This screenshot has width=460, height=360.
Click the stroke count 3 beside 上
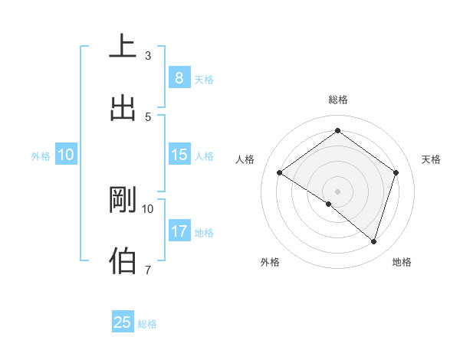click(148, 55)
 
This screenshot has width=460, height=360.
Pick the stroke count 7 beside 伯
click(148, 270)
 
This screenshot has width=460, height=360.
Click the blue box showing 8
click(179, 78)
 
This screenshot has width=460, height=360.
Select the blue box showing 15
click(179, 155)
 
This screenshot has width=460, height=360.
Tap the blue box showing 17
click(179, 231)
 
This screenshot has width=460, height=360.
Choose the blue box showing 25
click(123, 322)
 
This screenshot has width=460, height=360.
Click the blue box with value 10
click(66, 155)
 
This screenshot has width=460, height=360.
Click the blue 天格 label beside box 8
click(204, 80)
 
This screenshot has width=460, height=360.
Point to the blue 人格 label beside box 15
click(204, 156)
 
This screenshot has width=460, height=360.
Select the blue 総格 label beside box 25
click(147, 324)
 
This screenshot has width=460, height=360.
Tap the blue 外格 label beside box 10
click(41, 156)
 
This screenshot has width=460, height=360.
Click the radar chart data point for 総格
click(337, 130)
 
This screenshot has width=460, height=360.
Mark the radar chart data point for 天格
click(396, 172)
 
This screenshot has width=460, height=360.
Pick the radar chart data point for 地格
click(373, 241)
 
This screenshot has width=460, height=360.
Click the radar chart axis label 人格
click(245, 159)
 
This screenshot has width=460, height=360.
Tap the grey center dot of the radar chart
click(337, 191)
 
